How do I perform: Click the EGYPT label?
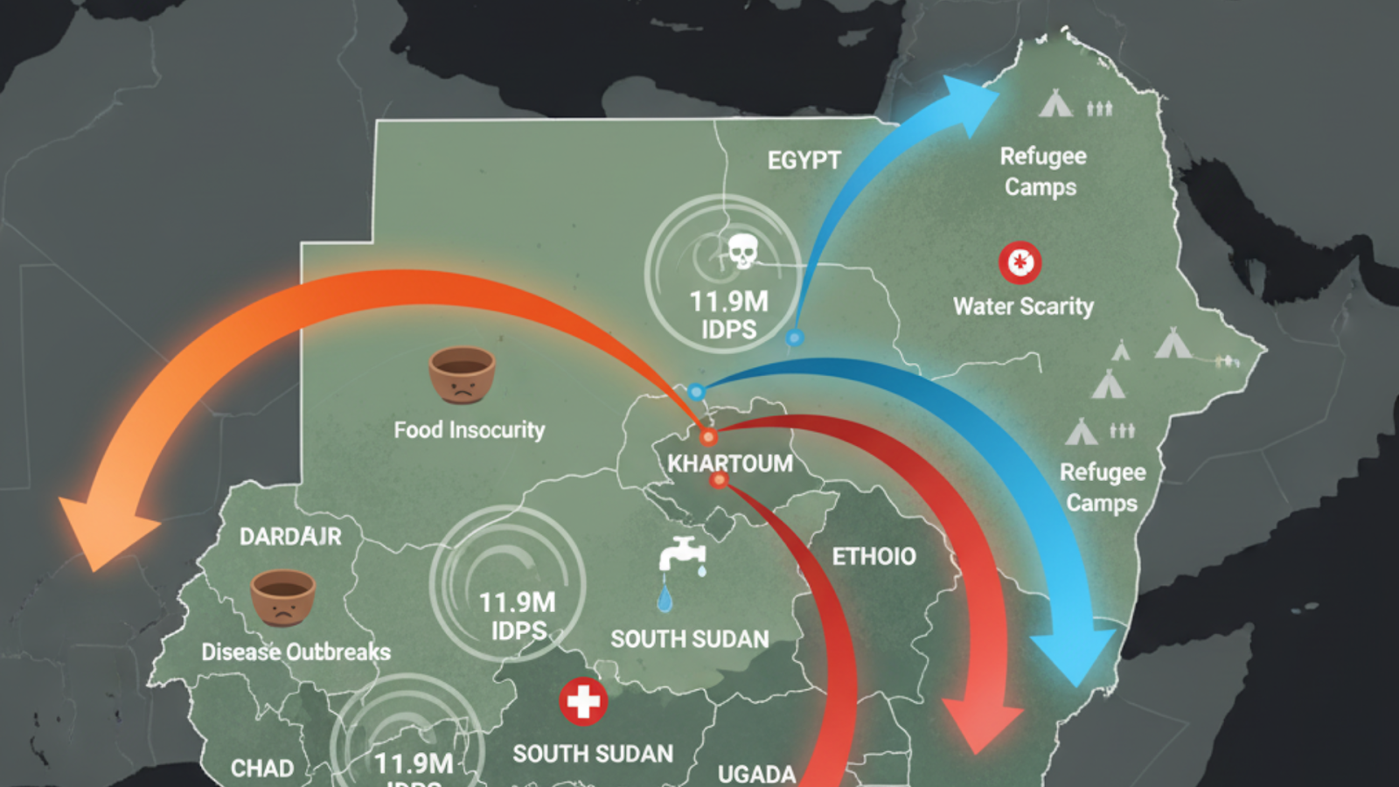(804, 161)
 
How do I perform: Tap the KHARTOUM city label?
(730, 463)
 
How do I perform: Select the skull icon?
(742, 251)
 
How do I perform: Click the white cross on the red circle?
(583, 701)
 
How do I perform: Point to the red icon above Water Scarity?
(1020, 262)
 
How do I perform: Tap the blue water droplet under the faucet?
(665, 599)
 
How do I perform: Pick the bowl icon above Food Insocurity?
(462, 375)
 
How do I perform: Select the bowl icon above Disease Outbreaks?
(282, 597)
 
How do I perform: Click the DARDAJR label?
(290, 536)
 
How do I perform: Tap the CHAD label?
(261, 768)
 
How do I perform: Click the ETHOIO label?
(874, 557)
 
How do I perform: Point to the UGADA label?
(756, 774)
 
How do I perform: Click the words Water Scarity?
(1023, 307)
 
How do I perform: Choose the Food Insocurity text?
(469, 430)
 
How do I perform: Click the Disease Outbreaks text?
(296, 652)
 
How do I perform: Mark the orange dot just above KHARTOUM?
(708, 437)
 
